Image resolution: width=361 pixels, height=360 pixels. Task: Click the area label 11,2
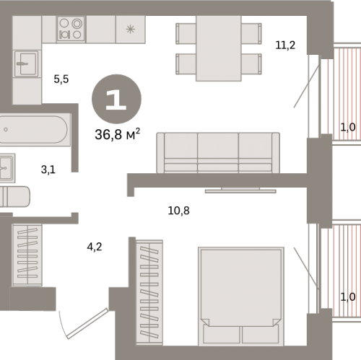[285, 45]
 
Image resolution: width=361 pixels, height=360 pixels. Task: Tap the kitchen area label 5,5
[61, 79]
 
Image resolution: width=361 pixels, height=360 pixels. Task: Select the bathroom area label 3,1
[48, 170]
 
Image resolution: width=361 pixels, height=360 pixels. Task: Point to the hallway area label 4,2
[95, 247]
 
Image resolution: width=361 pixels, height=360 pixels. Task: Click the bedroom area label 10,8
[178, 211]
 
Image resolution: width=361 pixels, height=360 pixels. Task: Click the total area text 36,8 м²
[118, 134]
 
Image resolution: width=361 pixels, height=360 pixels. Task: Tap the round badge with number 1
[116, 99]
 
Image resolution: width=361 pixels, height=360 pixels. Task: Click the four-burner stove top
[71, 29]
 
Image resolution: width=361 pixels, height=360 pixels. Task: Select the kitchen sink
[26, 63]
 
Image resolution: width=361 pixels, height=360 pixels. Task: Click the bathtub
[35, 130]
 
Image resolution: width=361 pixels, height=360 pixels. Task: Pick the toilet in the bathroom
[15, 196]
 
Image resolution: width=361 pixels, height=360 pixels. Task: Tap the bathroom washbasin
[7, 168]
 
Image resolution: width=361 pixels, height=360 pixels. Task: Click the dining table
[219, 48]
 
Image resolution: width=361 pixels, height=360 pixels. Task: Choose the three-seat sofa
[218, 153]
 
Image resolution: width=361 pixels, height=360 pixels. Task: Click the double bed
[241, 297]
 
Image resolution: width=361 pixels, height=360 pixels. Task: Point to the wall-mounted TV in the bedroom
[240, 190]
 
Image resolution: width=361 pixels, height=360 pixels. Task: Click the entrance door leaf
[87, 323]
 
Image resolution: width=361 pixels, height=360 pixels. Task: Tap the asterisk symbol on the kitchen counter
[131, 30]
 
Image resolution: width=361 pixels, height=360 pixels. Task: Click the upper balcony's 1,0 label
[348, 127]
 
